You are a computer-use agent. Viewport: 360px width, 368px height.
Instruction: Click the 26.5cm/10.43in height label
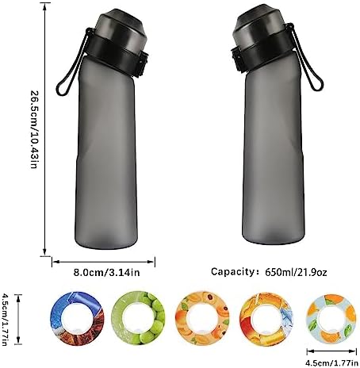pos(34,130)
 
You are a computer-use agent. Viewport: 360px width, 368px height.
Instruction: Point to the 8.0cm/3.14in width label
pos(106,272)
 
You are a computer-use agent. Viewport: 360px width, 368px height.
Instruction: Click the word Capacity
pos(232,272)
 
